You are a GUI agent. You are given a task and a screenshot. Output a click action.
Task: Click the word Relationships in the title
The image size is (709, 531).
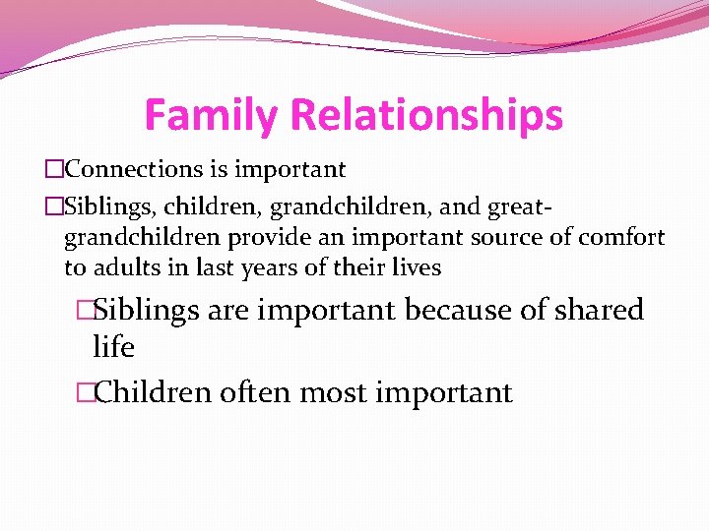click(427, 115)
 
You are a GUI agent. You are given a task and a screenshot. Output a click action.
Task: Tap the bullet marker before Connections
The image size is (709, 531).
click(53, 170)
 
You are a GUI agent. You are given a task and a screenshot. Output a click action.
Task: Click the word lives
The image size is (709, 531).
click(416, 266)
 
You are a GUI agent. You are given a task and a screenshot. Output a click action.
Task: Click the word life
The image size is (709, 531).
click(113, 347)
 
